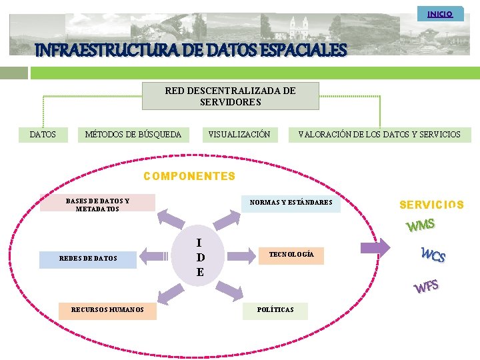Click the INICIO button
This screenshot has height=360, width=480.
click(440, 14)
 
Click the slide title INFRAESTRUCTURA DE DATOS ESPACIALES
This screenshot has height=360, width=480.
click(191, 50)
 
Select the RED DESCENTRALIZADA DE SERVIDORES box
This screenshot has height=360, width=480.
click(231, 96)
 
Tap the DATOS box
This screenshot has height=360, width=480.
click(43, 135)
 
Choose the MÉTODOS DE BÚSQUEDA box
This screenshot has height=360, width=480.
click(133, 135)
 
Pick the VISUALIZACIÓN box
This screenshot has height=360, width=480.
click(239, 135)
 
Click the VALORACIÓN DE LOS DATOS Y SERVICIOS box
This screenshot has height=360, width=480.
click(379, 135)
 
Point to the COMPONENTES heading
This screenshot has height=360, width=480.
click(190, 177)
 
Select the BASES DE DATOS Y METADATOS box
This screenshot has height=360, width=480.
click(97, 203)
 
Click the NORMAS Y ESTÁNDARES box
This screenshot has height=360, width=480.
click(291, 203)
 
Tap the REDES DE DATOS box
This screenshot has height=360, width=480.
click(88, 258)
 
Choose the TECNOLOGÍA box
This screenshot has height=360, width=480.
click(291, 255)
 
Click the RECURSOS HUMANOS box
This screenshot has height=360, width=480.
click(107, 310)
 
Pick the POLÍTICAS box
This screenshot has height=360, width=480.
click(275, 310)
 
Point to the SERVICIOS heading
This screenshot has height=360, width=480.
click(431, 205)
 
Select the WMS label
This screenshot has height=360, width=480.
click(421, 225)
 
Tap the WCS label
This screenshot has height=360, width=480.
click(433, 254)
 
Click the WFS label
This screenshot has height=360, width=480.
click(426, 287)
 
